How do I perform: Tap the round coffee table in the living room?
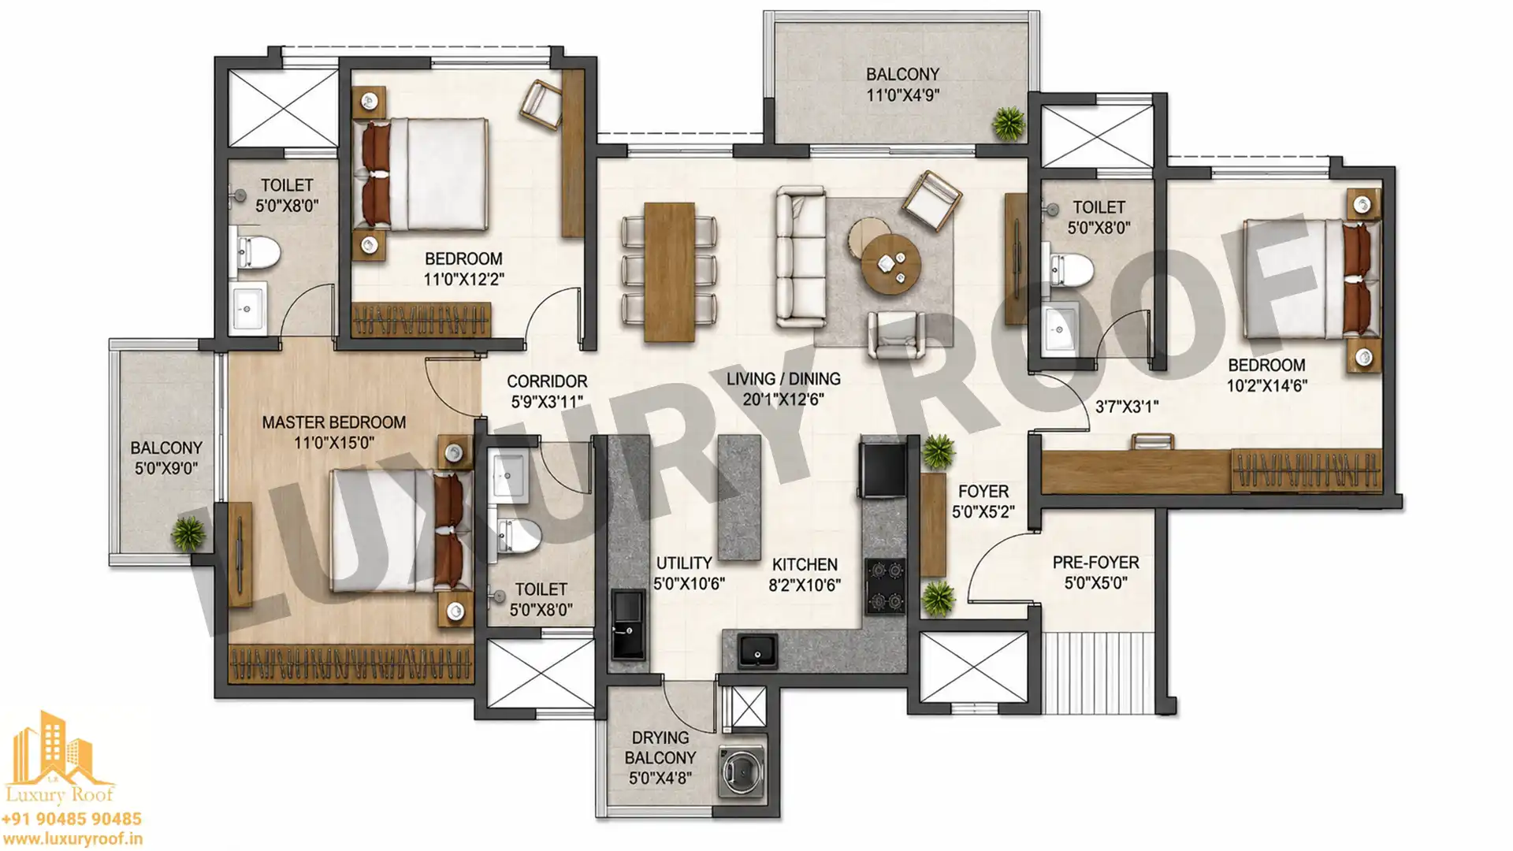891,265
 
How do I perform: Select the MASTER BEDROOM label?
334,422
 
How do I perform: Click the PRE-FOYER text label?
1095,563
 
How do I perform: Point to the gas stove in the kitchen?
886,586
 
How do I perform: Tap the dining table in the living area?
669,273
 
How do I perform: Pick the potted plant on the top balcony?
1008,123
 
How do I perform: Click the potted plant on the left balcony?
188,533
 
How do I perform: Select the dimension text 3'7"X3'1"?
1127,407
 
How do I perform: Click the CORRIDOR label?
547,381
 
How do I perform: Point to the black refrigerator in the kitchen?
883,470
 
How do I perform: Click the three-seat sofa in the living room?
801,257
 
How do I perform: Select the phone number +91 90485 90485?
72,819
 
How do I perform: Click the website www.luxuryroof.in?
72,840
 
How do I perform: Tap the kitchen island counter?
739,498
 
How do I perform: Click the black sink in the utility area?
628,625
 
